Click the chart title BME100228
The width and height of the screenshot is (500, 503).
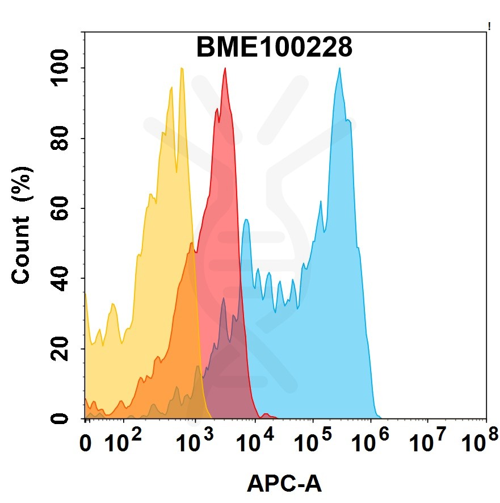point(274,48)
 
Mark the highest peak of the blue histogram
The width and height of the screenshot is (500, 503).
point(339,69)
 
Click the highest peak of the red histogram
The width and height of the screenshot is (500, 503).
point(225,69)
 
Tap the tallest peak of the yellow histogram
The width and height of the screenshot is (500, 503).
point(182,69)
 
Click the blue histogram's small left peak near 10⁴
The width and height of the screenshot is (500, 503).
point(246,220)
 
